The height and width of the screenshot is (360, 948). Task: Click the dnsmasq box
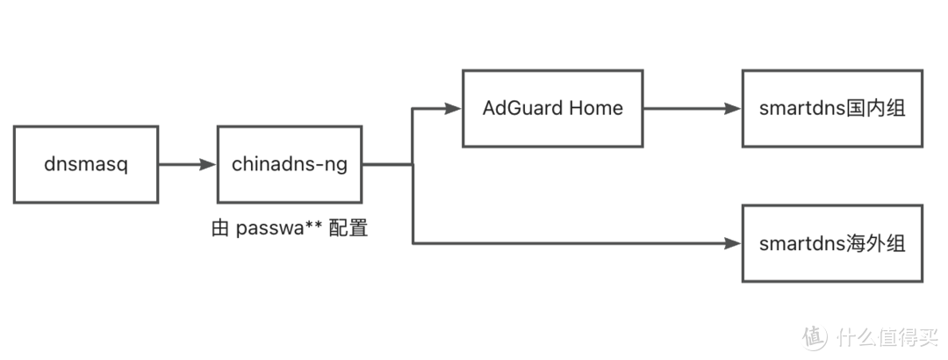(x=86, y=164)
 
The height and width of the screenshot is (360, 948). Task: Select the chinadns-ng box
(x=290, y=164)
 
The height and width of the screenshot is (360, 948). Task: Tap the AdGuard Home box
(x=552, y=108)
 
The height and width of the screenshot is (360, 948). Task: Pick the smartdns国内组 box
(x=831, y=108)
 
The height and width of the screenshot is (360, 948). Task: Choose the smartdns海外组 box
(x=831, y=243)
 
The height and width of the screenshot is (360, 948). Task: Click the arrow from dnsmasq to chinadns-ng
(x=188, y=164)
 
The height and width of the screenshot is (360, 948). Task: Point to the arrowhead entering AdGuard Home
(x=453, y=109)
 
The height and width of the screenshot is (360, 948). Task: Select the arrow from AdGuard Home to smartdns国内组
(x=692, y=109)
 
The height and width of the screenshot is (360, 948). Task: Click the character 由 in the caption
(x=220, y=229)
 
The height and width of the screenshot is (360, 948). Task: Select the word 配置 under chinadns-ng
(x=347, y=229)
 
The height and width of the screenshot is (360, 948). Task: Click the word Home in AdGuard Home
(x=596, y=108)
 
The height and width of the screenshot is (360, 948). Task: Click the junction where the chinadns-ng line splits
(x=413, y=164)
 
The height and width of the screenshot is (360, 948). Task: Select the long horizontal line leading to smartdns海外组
(x=571, y=243)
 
